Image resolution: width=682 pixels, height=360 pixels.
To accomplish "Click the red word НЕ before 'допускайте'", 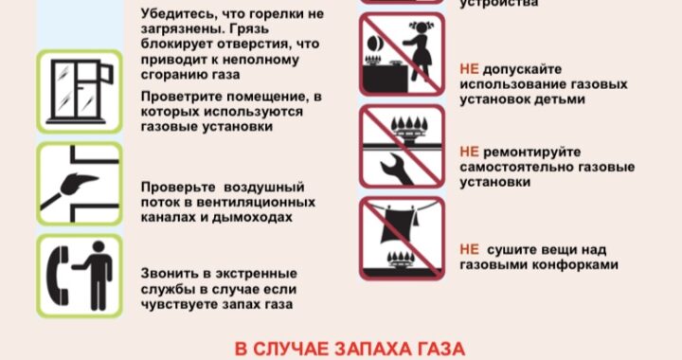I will pos(469,69).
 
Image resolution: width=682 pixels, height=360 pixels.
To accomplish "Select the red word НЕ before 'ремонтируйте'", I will pos(469,152).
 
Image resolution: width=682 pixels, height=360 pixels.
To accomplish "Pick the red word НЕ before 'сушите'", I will pos(469,249).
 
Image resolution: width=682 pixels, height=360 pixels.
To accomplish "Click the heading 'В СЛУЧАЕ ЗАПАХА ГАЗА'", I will pos(350,350).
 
